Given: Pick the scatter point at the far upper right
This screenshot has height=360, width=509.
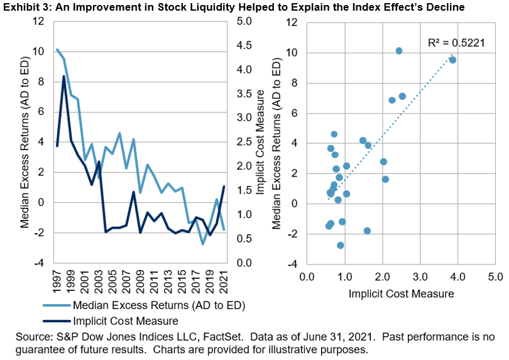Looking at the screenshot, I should point(452,60).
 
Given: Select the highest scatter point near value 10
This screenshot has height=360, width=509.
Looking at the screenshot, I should point(398,50).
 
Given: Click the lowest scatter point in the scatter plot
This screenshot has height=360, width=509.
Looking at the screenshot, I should point(341,245).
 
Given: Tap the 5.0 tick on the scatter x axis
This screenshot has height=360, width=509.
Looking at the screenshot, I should point(495,276).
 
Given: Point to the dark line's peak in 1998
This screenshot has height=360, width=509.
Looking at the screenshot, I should point(63,77).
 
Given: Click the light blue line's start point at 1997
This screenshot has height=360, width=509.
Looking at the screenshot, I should point(57,50).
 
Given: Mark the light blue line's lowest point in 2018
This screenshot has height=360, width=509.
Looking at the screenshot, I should point(203,244).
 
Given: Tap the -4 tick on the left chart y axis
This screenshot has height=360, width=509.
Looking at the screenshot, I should point(41,263).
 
